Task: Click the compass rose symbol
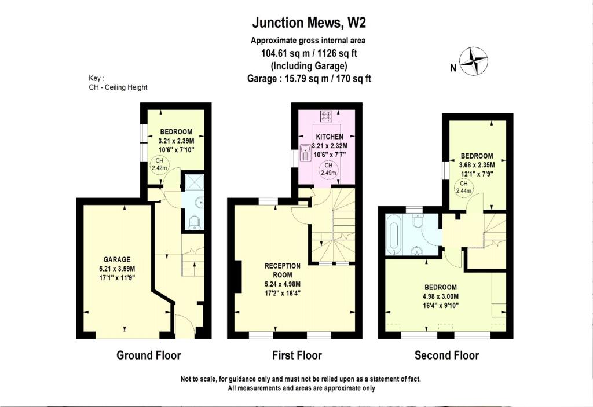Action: (473, 61)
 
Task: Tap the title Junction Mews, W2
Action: (309, 23)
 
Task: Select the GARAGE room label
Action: (117, 259)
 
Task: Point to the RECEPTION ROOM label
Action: (283, 270)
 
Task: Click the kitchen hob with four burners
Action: (326, 116)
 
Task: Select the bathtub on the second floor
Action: (393, 234)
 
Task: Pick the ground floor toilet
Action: (195, 222)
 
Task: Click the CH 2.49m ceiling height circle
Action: (328, 169)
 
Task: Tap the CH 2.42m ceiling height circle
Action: (159, 164)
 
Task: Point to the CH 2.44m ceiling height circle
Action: (464, 187)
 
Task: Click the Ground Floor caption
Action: (149, 355)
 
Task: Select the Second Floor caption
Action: (446, 355)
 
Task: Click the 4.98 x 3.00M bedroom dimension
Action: (441, 296)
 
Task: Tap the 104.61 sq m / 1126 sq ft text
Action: (309, 53)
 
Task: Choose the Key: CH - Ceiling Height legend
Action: (118, 83)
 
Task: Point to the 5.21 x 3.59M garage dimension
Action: (117, 269)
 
